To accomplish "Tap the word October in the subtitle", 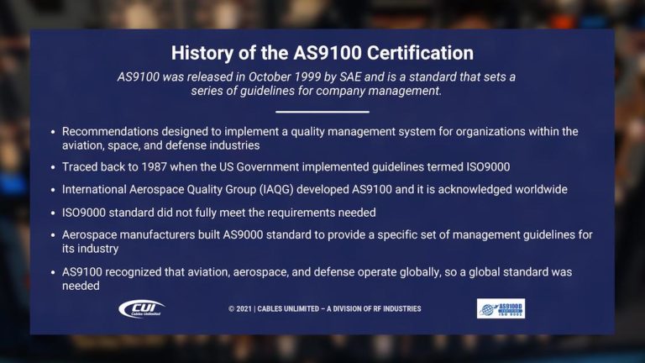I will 265,77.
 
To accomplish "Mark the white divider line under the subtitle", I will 322,111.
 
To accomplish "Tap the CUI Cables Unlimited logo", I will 142,308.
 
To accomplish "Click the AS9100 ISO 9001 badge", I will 501,308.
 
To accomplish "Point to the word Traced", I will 80,167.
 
